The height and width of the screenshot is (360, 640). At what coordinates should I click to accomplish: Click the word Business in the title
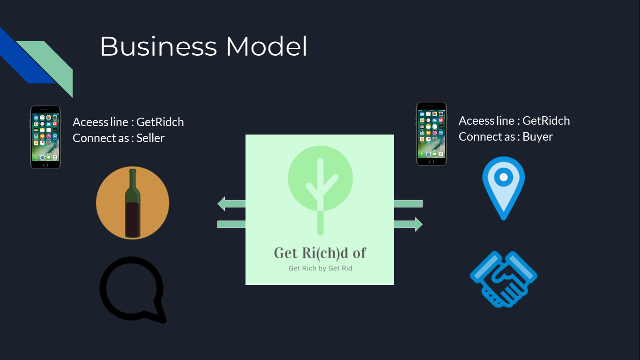click(158, 47)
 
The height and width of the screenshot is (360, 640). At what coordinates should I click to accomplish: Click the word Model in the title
click(267, 47)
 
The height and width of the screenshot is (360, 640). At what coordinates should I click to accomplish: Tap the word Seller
click(150, 138)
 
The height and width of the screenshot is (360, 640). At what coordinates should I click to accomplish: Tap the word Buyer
click(538, 136)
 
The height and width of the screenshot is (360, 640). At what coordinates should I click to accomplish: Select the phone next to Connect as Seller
click(45, 137)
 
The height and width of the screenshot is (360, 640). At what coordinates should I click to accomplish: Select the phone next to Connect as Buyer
click(432, 134)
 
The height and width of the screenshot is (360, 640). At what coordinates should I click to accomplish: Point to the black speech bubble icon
click(132, 288)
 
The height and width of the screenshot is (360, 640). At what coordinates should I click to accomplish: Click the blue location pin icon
click(504, 187)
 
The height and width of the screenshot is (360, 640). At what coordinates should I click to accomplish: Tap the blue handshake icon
click(504, 279)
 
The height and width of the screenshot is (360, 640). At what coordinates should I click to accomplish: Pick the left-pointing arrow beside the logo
click(231, 204)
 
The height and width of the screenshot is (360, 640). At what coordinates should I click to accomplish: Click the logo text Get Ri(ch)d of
click(320, 253)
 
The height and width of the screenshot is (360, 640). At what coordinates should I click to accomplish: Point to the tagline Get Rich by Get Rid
click(320, 269)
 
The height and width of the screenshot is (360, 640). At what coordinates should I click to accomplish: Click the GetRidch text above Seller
click(160, 122)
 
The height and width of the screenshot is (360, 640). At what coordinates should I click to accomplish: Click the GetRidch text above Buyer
click(546, 121)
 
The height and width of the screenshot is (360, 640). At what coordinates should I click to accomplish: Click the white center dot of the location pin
click(504, 178)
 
